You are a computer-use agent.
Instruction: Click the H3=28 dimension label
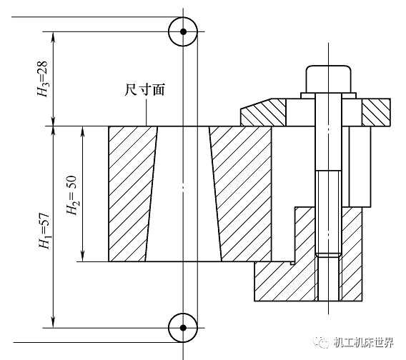coord(42,79)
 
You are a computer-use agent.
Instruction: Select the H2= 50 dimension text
coord(72,195)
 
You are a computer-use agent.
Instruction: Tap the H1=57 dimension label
coord(44,231)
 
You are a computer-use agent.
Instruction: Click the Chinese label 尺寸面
coord(144,90)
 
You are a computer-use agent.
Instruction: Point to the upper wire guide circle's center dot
coord(183,31)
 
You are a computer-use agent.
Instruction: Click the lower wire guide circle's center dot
coord(183,328)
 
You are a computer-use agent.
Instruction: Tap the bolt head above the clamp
coord(329,79)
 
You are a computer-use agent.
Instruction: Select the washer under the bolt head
coord(329,96)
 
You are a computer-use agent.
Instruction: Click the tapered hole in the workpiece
coord(183,194)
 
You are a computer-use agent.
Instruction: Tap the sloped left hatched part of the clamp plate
coord(263,112)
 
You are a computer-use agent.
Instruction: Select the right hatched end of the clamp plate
coord(376,112)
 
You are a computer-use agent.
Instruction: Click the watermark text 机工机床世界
coord(364,343)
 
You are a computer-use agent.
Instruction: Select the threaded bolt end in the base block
coord(329,277)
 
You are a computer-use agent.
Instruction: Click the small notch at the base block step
coord(292,263)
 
